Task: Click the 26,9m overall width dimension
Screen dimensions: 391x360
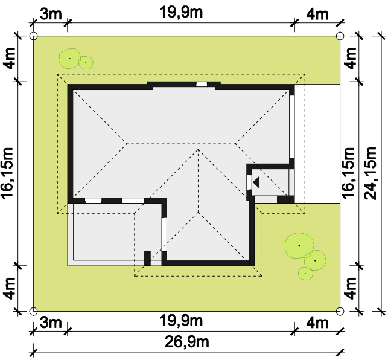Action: coord(187,342)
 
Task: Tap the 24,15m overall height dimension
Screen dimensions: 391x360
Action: coord(370,173)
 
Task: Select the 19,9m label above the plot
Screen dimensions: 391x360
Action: coord(181,12)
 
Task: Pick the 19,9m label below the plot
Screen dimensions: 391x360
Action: coord(181,321)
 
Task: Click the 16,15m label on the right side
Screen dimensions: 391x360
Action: coord(348,173)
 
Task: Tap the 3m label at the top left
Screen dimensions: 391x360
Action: coord(51,14)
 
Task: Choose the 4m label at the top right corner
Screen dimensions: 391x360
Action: coord(317,14)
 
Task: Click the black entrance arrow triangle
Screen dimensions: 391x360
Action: coord(256,182)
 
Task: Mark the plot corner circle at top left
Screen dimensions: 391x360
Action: coord(34,36)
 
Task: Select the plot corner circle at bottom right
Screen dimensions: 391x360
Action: coord(340,311)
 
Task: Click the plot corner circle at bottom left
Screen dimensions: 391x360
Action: coord(34,311)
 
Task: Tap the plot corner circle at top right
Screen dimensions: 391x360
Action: coord(340,36)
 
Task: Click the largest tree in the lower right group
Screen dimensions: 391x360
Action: coord(299,245)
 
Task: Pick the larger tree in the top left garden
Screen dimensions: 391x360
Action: coord(69,59)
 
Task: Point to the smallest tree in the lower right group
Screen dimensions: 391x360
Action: coord(305,274)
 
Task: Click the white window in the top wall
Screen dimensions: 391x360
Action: coord(202,85)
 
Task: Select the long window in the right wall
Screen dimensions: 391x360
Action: coord(292,126)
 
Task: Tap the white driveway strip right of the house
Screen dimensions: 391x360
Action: coord(317,144)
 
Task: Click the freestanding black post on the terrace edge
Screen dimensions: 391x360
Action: coord(147,259)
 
